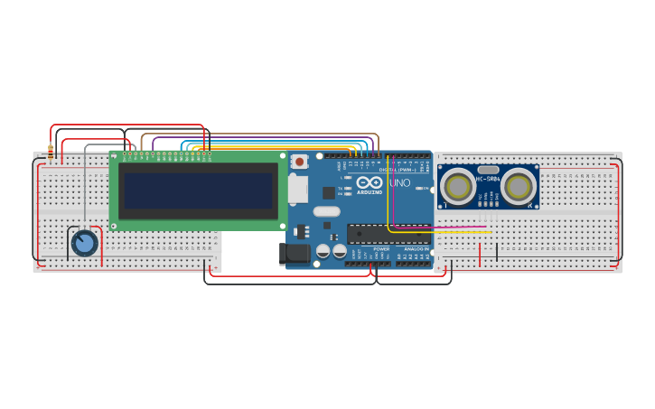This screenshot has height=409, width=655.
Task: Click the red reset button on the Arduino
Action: point(300,162)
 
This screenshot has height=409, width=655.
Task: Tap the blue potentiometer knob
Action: point(84,242)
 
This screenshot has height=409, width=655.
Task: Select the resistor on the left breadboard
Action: point(51,152)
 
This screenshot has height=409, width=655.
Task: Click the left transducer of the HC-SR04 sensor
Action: point(458,187)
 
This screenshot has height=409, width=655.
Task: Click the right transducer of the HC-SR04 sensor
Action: point(518,187)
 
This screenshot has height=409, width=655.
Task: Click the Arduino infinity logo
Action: point(369,182)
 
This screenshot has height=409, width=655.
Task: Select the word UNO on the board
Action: point(399,183)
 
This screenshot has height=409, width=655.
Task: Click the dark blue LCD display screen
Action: point(198,191)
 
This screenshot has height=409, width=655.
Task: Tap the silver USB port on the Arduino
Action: point(297,189)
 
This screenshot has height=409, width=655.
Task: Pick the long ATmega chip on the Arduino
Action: point(388,234)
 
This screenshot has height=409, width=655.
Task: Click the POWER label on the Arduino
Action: point(381,249)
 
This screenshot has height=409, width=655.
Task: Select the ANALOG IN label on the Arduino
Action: point(416,249)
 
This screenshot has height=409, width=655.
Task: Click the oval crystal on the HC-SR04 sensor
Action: point(488,170)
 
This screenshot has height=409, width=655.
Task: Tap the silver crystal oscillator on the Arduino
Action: point(327,212)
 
